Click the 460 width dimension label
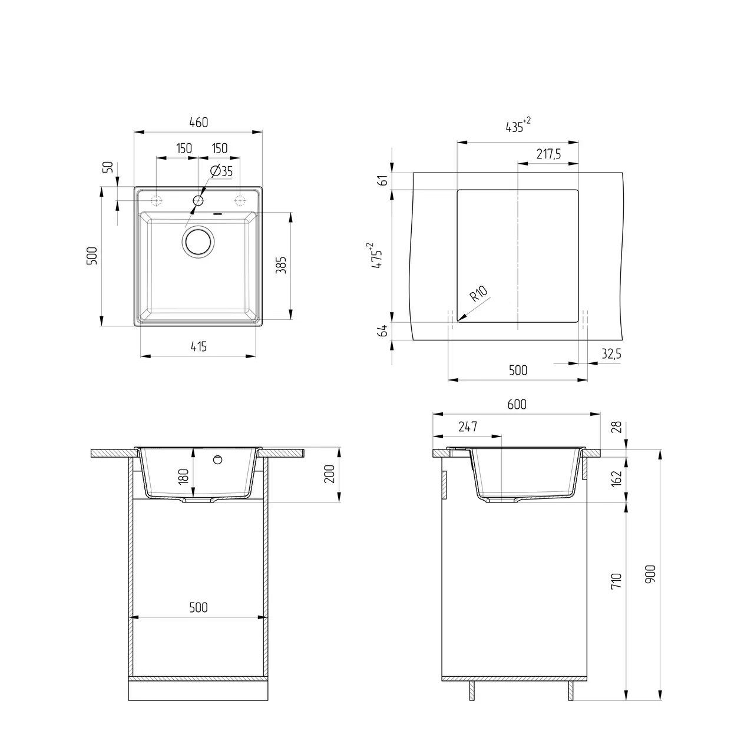click(x=199, y=123)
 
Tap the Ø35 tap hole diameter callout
click(x=221, y=171)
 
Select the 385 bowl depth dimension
click(x=282, y=265)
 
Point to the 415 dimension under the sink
click(x=199, y=346)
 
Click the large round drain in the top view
click(x=198, y=241)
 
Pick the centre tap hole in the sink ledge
click(x=198, y=201)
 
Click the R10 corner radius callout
click(x=478, y=294)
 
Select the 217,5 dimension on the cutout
click(x=548, y=154)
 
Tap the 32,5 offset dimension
click(x=611, y=353)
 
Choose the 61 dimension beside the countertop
click(x=383, y=180)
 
